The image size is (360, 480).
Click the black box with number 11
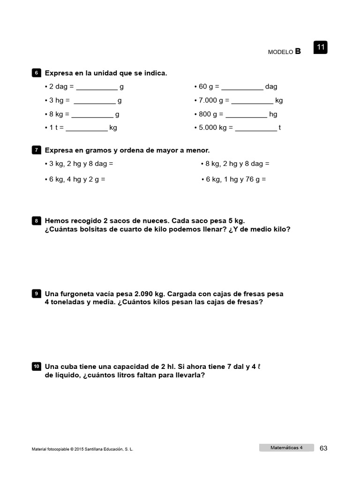(x=321, y=47)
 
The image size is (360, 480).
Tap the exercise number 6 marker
(x=36, y=73)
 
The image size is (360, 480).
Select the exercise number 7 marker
(x=36, y=150)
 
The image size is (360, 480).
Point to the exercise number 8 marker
(x=36, y=221)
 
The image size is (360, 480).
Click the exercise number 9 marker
(x=36, y=294)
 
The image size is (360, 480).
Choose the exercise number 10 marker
(x=36, y=367)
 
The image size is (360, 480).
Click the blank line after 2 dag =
(x=97, y=88)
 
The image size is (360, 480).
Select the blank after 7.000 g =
(x=252, y=102)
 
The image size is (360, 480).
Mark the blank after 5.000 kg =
(x=256, y=129)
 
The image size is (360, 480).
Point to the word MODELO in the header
(x=280, y=52)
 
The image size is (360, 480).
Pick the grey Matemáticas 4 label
(x=286, y=448)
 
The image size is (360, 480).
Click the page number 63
(x=323, y=448)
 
